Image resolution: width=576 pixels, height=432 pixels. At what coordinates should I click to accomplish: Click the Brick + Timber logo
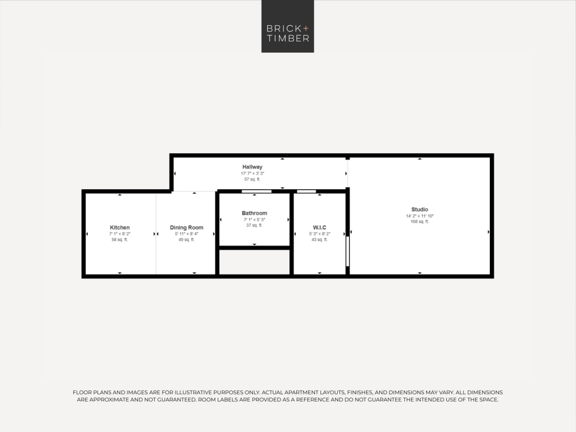[287, 26]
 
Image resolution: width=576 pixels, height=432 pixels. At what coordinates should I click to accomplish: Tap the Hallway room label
[252, 167]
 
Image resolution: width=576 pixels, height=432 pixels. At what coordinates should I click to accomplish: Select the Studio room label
[419, 209]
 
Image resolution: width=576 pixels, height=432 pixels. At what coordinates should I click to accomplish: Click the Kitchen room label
[120, 227]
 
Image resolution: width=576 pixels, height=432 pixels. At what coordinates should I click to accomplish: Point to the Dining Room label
[186, 227]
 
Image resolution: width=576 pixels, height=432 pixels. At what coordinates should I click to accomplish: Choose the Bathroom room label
[254, 213]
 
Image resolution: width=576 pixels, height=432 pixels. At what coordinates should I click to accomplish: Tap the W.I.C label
[319, 227]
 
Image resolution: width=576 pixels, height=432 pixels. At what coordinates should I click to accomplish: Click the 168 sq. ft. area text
[419, 222]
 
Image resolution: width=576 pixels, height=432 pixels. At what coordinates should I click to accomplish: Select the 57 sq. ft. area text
[252, 179]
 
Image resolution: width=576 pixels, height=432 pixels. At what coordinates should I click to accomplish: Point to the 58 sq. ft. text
[120, 240]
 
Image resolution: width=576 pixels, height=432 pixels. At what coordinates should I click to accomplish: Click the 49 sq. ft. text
[186, 240]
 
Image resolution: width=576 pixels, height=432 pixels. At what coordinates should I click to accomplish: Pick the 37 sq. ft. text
[254, 225]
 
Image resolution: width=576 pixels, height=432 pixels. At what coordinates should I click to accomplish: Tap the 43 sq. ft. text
[319, 240]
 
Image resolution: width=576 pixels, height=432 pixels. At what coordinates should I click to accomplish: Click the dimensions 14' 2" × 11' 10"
[419, 216]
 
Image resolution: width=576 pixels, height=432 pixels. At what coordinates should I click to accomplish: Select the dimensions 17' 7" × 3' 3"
[252, 173]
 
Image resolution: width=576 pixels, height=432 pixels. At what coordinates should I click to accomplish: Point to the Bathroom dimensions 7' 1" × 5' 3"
[254, 220]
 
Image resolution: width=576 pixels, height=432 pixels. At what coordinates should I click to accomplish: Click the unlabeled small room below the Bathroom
[254, 262]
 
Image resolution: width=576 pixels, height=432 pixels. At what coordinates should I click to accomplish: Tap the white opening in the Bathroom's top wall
[256, 191]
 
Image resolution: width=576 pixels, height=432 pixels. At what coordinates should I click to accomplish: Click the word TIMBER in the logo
[288, 38]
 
